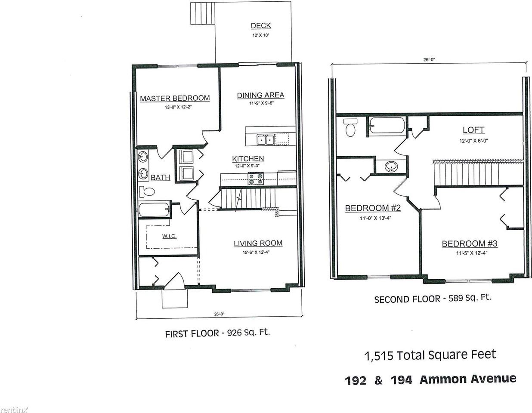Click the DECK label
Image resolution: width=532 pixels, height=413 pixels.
[x=261, y=26]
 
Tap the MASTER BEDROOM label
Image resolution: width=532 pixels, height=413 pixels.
[x=175, y=99]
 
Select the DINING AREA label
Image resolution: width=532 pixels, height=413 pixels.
[x=260, y=95]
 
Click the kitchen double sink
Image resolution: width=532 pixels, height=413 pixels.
[x=265, y=140]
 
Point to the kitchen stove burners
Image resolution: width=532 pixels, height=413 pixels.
[x=256, y=179]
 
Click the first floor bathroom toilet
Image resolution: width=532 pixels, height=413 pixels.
[x=147, y=191]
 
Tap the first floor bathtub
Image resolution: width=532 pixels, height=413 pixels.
[x=154, y=209]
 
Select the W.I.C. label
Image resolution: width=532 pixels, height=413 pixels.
[x=169, y=236]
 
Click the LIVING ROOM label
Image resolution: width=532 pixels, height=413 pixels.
[x=258, y=243]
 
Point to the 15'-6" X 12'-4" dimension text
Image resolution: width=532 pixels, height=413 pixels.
[x=256, y=252]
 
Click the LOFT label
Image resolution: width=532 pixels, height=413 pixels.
[x=473, y=130]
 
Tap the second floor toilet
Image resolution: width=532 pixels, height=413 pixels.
[x=350, y=127]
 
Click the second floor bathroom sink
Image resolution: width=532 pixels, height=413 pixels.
[x=391, y=167]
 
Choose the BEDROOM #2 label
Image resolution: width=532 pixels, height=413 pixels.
[x=373, y=208]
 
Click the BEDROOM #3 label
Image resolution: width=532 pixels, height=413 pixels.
[x=469, y=243]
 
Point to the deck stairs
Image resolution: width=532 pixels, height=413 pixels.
[x=203, y=13]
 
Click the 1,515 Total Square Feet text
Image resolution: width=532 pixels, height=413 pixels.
[x=430, y=355]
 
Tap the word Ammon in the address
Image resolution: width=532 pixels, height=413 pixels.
[x=444, y=379]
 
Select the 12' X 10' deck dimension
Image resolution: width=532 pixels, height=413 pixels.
[x=261, y=35]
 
